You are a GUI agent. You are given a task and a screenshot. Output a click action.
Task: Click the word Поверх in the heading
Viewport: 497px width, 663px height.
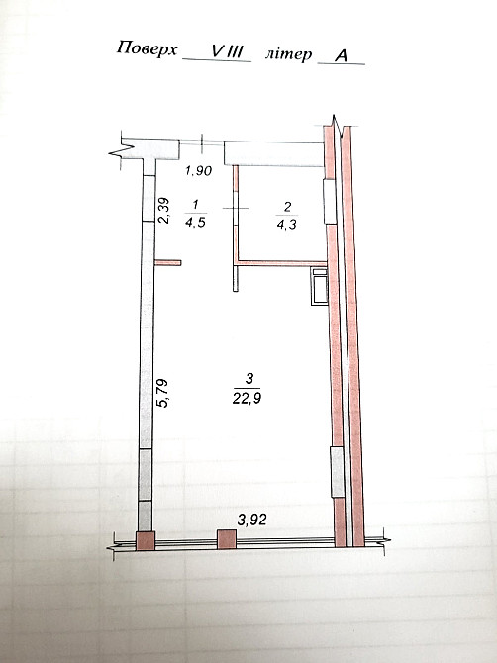pos(147,48)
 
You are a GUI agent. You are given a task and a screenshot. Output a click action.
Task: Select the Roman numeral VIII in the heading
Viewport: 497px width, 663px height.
pos(226,51)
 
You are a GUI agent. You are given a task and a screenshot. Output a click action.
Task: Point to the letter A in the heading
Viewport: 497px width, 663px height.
pos(341,56)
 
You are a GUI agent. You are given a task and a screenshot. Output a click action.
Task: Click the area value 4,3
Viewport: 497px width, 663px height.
pos(286,225)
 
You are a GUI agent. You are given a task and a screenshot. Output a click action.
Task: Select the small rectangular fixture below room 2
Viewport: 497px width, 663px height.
pos(318,285)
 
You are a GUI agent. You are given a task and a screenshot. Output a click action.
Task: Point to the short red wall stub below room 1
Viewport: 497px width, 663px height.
pos(168,262)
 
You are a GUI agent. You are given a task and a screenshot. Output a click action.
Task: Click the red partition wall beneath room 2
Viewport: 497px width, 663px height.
pos(281,262)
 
